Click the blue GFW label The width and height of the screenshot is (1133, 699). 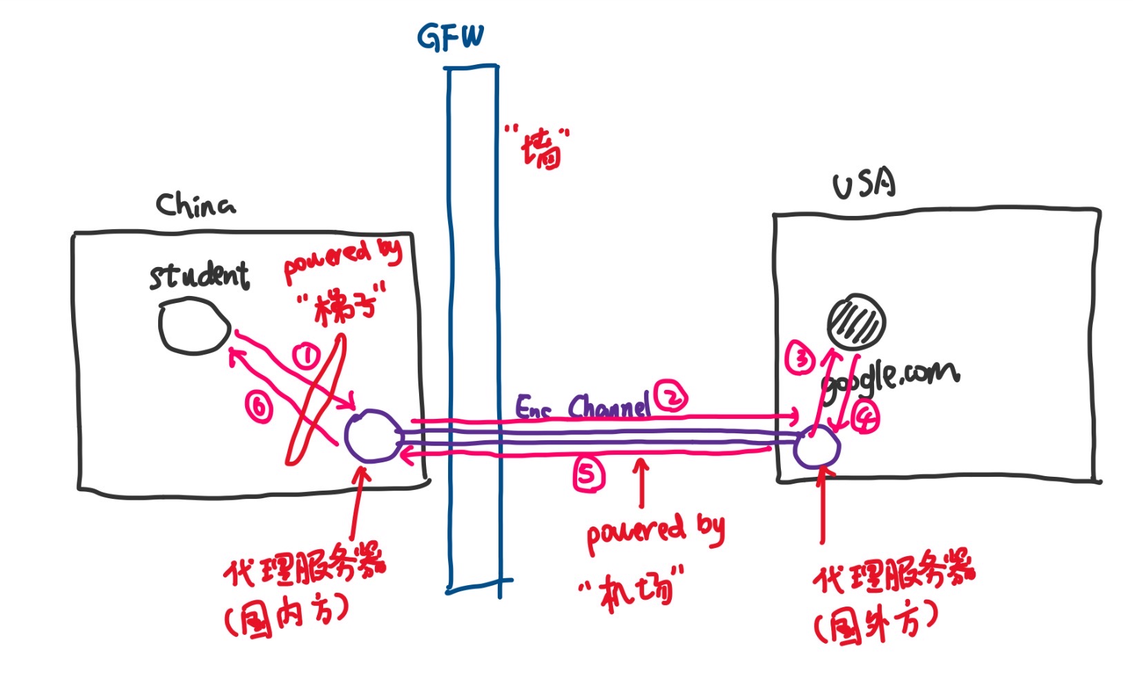451,37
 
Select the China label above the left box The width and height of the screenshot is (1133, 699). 195,205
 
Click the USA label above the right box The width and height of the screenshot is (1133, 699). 864,185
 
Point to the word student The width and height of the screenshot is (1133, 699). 199,275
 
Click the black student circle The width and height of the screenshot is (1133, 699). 195,326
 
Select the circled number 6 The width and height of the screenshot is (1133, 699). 259,408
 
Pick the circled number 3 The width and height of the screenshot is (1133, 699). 801,360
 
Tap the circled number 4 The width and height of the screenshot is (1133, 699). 864,417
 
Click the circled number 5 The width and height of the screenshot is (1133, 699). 588,475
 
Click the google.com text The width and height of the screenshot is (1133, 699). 891,379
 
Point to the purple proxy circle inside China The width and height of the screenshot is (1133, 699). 371,436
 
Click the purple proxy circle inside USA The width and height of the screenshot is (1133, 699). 816,448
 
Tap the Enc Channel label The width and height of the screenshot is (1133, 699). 583,408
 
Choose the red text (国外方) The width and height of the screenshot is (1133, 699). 875,623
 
